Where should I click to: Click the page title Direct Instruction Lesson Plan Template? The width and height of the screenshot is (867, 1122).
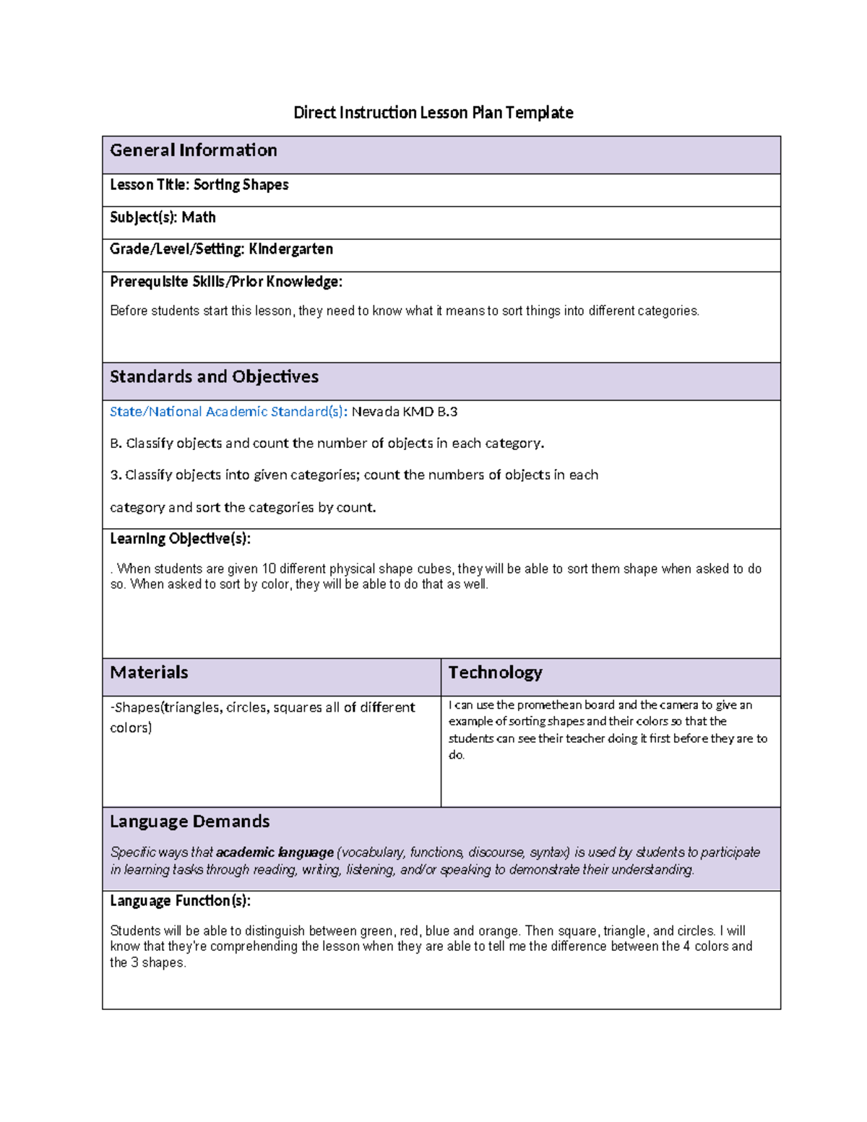click(x=433, y=113)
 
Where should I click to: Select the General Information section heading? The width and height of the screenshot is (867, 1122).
click(x=194, y=150)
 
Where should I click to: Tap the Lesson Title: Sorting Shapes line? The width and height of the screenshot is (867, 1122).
click(x=199, y=185)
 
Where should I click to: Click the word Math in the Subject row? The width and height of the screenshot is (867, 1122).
click(x=199, y=217)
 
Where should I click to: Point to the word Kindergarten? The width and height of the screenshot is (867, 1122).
click(x=291, y=249)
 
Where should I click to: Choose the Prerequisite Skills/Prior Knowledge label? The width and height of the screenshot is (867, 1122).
click(x=226, y=282)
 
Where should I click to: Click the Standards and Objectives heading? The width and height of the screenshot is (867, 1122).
click(x=214, y=377)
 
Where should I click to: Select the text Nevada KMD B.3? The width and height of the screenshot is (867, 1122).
click(x=405, y=412)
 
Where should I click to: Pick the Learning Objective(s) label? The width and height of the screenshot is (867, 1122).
click(x=180, y=539)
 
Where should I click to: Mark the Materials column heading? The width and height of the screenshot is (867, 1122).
click(x=149, y=673)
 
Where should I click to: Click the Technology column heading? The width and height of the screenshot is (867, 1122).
click(x=495, y=673)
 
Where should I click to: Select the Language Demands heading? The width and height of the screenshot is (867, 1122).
click(x=189, y=821)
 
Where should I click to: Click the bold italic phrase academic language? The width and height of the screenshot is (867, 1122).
click(x=275, y=853)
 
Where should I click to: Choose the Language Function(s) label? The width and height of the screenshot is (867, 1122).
click(x=180, y=901)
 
